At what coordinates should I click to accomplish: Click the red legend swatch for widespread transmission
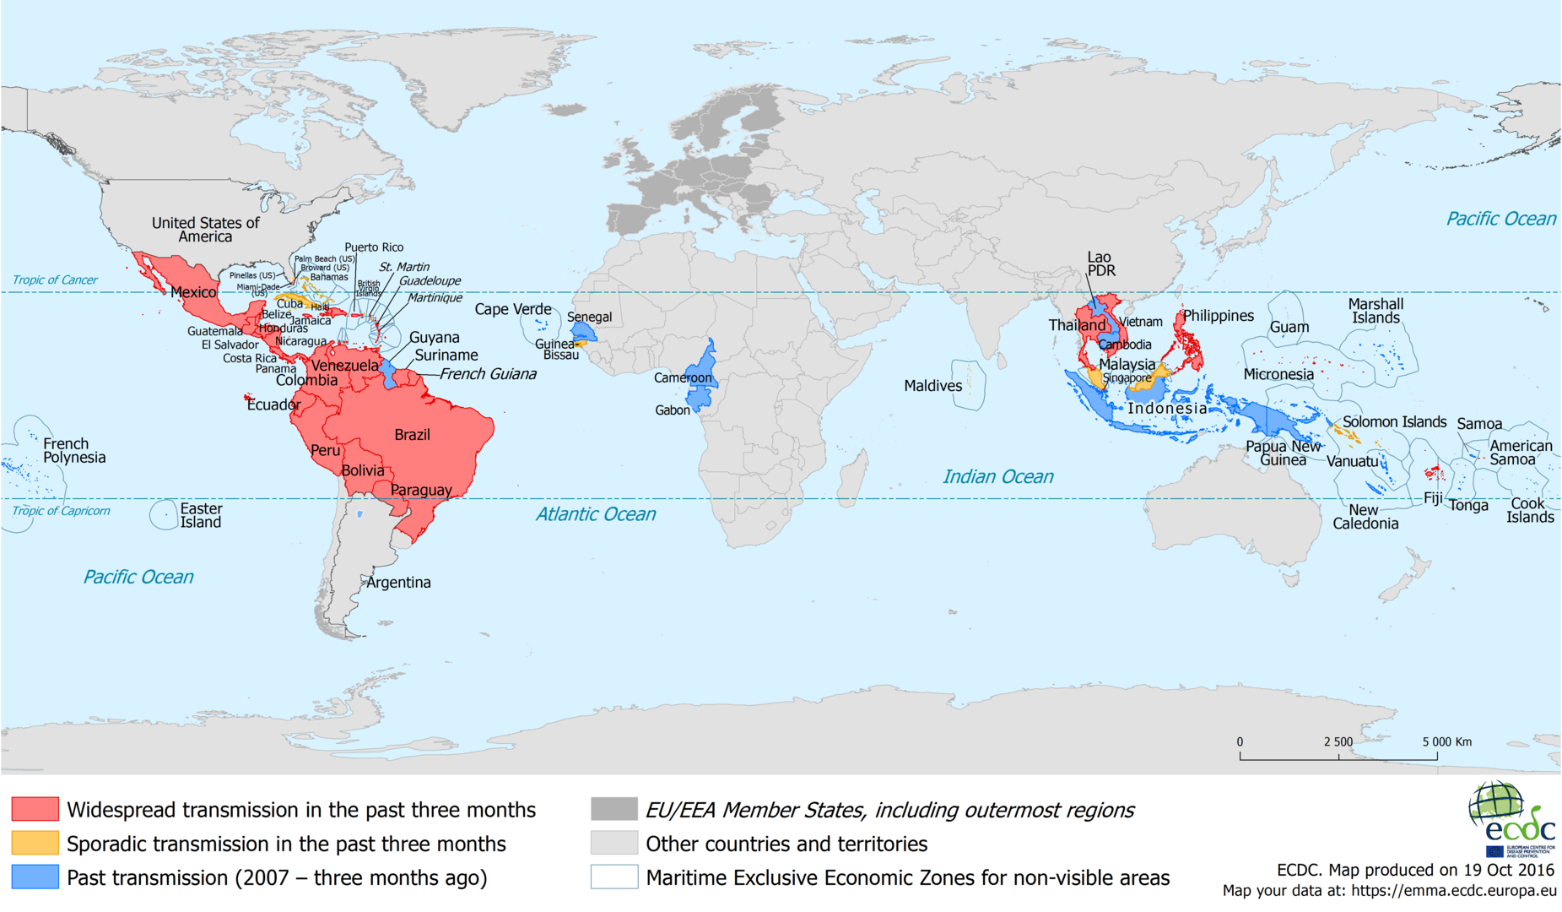pos(35,809)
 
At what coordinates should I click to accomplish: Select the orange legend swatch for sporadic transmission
pos(35,843)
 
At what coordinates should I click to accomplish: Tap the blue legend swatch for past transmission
pos(35,877)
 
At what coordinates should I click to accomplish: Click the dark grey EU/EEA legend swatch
pos(613,809)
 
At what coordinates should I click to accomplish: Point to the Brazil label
pos(412,435)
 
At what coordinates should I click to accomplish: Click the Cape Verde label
pos(512,309)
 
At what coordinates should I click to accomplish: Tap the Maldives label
pos(932,386)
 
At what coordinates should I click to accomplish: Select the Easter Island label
pos(201,515)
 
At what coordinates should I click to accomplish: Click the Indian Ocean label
pos(997,476)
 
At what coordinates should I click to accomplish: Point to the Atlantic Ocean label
pos(595,513)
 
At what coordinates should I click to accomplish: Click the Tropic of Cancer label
pos(55,280)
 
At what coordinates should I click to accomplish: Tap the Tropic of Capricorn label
pos(61,511)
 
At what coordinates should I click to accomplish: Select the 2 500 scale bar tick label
pos(1338,741)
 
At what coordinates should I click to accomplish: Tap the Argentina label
pos(398,582)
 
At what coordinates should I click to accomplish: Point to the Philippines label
pos(1218,316)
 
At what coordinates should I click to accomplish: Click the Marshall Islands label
pos(1376,311)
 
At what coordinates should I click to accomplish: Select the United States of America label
pos(205,229)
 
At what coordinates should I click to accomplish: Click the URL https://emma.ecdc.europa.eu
pos(1453,890)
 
